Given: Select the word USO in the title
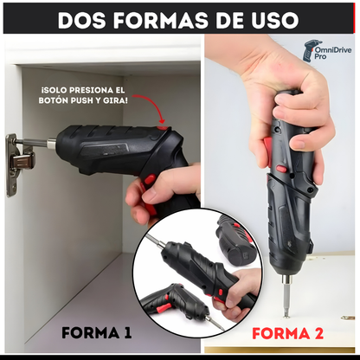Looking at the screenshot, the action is click(x=276, y=20).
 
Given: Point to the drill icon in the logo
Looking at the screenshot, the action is click(x=308, y=52).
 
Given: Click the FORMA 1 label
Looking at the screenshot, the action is click(x=97, y=333).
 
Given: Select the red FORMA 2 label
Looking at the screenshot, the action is click(x=287, y=333).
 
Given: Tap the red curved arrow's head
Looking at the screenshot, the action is click(x=162, y=120).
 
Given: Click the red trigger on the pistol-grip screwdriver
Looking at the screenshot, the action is click(x=150, y=179).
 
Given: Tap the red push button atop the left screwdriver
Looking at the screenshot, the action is click(x=162, y=128).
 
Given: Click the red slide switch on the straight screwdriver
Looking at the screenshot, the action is click(x=281, y=169).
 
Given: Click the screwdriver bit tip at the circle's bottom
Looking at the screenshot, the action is click(x=221, y=328).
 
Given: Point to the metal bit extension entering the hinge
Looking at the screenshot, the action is click(x=36, y=143).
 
